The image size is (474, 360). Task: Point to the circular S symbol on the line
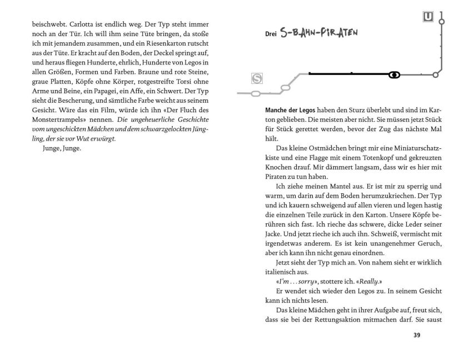[257, 78]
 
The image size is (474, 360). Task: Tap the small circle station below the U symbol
[442, 22]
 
